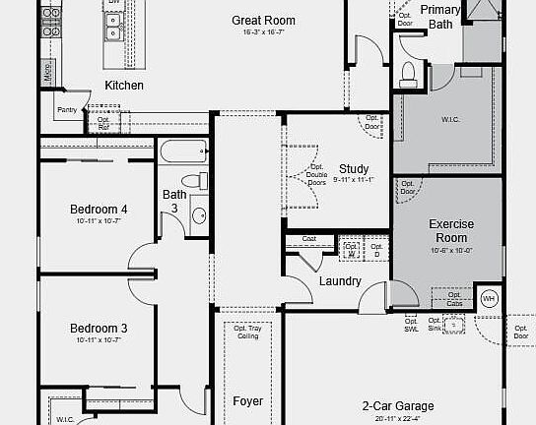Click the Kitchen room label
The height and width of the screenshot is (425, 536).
coord(124,86)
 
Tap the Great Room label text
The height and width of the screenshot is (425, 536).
coord(263,21)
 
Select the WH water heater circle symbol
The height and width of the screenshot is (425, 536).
coord(489,299)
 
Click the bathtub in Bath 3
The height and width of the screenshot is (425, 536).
coord(183,152)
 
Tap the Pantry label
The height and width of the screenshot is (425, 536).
coord(67,110)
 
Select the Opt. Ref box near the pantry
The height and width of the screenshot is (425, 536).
coord(103,123)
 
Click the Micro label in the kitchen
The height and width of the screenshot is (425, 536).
coord(46,72)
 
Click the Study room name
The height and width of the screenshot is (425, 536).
coord(354,168)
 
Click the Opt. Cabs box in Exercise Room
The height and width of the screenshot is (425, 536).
coord(453,297)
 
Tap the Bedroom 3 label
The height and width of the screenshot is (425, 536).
coord(98,329)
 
